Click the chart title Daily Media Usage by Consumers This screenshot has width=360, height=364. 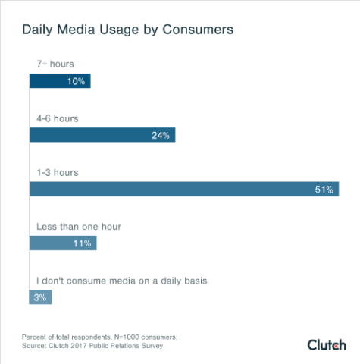(x=127, y=30)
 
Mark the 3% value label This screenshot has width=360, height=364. (x=39, y=298)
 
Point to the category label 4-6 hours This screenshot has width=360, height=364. (x=58, y=119)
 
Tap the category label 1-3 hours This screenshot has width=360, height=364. (x=58, y=173)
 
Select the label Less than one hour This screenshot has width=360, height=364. (x=79, y=227)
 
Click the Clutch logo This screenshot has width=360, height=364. (x=327, y=345)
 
